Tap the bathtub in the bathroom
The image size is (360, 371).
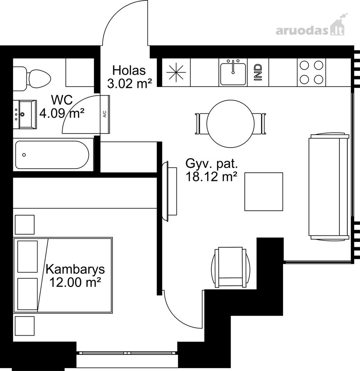pos(52,155)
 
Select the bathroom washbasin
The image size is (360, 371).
pos(25,114)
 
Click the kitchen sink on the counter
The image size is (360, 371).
pos(233,73)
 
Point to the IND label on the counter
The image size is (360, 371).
pos(258,73)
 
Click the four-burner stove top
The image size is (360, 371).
pos(311,73)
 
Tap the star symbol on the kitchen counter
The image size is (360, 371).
pos(176,73)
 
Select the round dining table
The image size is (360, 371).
pos(231,124)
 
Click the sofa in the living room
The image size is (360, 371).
pos(329,186)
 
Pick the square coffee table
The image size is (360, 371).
pos(264,192)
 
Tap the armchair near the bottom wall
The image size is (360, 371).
pos(231,268)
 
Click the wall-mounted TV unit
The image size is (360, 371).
pos(169,191)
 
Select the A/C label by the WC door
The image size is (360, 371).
pos(105,114)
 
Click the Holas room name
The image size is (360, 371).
pos(129,70)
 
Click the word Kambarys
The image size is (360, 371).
pos(75,270)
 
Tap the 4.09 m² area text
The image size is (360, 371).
pos(62,114)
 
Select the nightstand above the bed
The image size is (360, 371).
pos(25,225)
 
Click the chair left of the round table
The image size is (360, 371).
pos(201,124)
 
